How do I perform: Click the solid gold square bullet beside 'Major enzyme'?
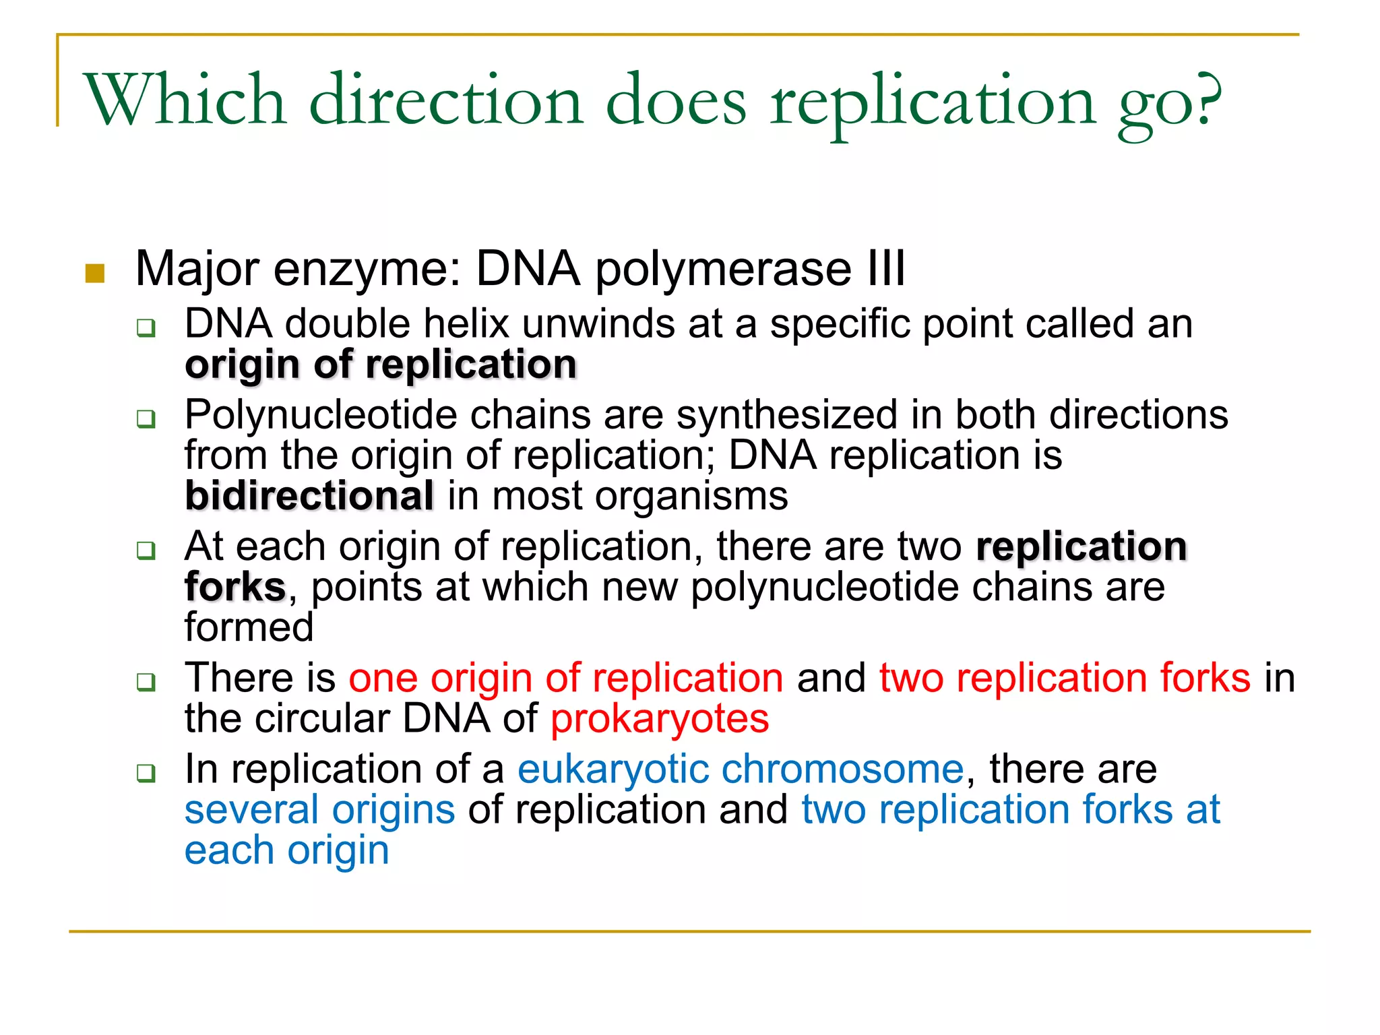tap(95, 274)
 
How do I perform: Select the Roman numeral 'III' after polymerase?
tap(885, 269)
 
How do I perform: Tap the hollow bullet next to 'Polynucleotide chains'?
tap(146, 418)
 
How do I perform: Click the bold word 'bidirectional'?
tap(309, 497)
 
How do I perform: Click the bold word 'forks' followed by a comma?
tap(235, 587)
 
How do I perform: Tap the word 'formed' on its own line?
tap(249, 627)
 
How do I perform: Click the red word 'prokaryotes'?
tap(660, 719)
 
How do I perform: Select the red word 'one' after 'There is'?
tap(383, 678)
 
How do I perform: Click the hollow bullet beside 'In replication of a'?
tap(146, 773)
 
